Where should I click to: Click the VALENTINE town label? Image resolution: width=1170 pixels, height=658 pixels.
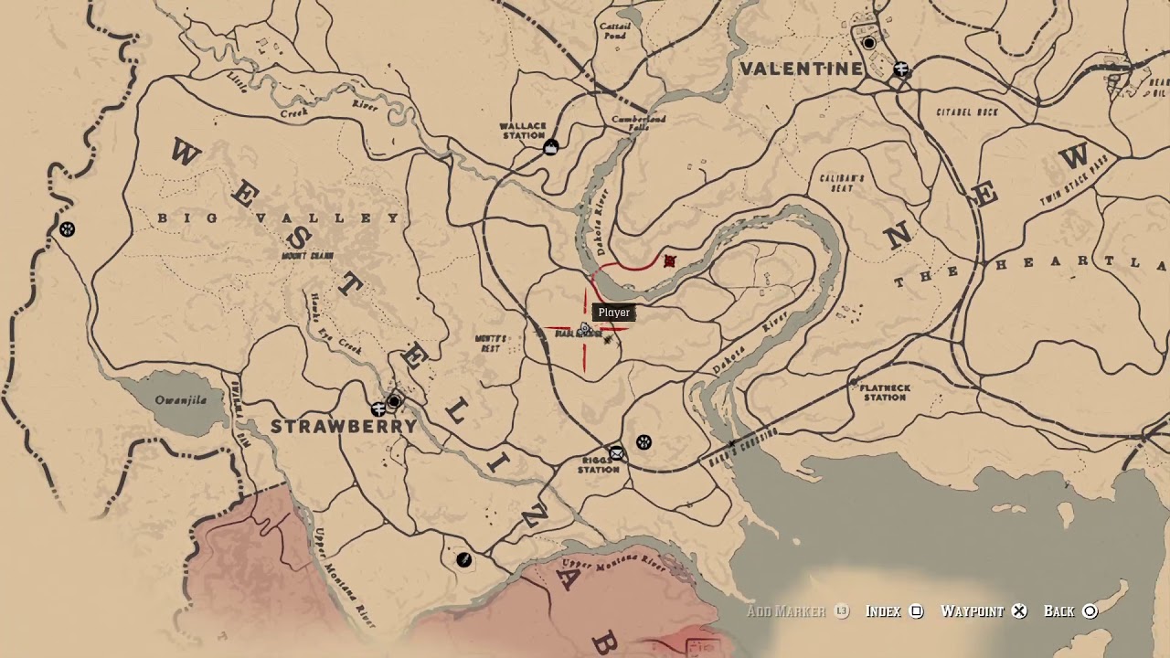click(801, 69)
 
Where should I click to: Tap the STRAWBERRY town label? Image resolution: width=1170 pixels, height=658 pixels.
click(344, 427)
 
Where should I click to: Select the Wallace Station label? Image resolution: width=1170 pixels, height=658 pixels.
click(523, 131)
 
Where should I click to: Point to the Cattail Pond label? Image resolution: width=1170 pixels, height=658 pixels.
click(615, 31)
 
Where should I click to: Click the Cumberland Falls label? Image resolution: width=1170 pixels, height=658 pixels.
click(639, 123)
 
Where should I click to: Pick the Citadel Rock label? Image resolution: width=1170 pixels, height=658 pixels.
click(967, 112)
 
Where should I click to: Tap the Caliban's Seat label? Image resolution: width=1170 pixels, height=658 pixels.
click(842, 183)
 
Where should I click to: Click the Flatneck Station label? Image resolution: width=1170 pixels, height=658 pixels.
click(885, 392)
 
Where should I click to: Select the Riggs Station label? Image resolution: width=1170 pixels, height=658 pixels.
click(599, 465)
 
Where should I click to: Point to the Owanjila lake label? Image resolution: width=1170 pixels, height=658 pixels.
click(181, 400)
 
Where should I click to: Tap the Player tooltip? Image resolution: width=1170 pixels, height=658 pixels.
click(613, 313)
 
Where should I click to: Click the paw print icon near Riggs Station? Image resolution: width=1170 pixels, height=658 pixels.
click(643, 442)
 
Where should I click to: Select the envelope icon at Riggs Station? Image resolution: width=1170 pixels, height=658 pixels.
click(617, 453)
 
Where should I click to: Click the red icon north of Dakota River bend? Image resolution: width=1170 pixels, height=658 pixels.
click(669, 262)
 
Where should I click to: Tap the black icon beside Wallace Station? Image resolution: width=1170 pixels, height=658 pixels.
click(550, 148)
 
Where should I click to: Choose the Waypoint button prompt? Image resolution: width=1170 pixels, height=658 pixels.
click(984, 611)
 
